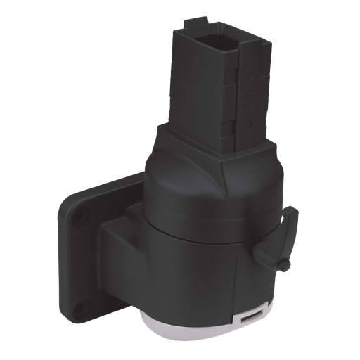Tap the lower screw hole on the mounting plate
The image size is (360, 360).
coord(79,306)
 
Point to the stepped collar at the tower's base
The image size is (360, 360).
coord(211,144)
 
